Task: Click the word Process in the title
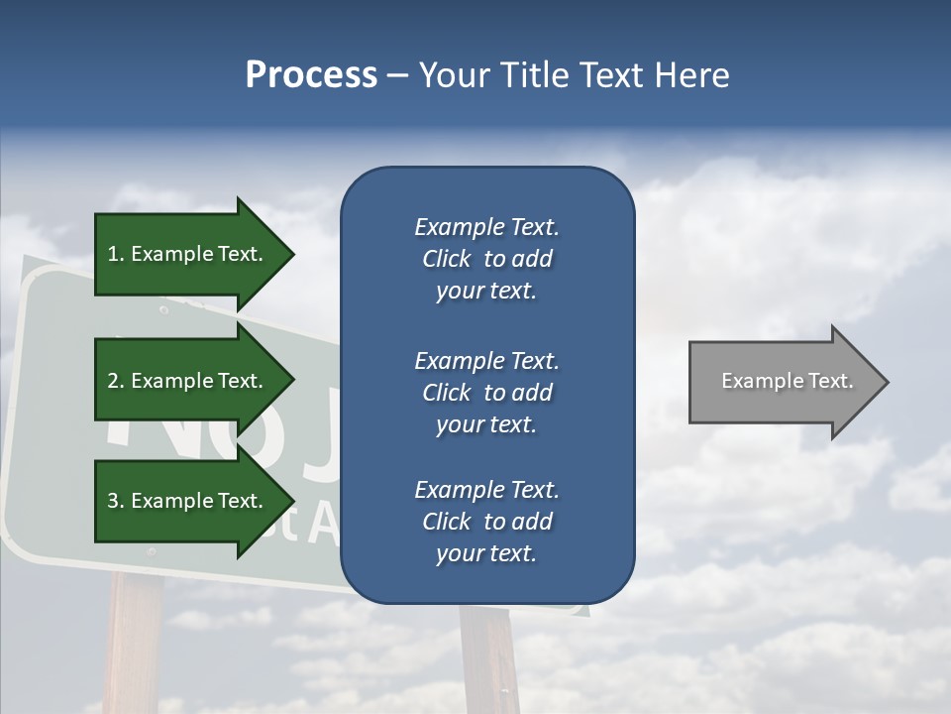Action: [x=311, y=74]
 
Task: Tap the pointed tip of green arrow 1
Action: [x=291, y=254]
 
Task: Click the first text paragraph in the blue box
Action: [x=486, y=259]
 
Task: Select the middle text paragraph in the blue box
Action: [x=486, y=393]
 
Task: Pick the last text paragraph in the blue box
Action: [x=486, y=522]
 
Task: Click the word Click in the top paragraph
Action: [x=446, y=259]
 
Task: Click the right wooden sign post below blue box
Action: [x=489, y=659]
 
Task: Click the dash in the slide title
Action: [x=398, y=75]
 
